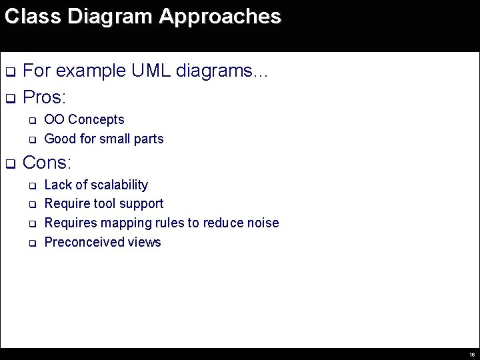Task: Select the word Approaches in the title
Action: click(220, 17)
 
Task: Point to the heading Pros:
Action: click(44, 98)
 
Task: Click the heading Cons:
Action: click(47, 163)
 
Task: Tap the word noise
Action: click(262, 223)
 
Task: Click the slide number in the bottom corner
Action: click(471, 355)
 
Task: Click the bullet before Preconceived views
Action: click(31, 243)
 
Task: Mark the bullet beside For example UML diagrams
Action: click(10, 72)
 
